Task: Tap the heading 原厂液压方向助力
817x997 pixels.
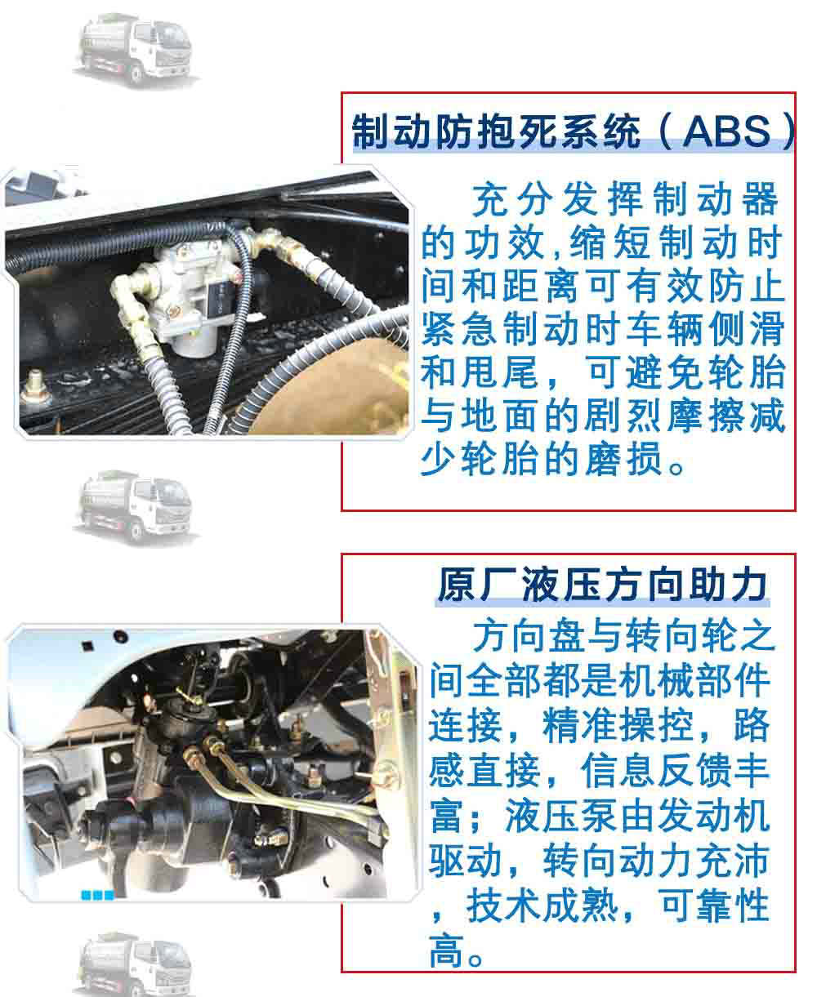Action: tap(602, 585)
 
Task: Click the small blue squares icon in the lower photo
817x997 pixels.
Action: tap(97, 895)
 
